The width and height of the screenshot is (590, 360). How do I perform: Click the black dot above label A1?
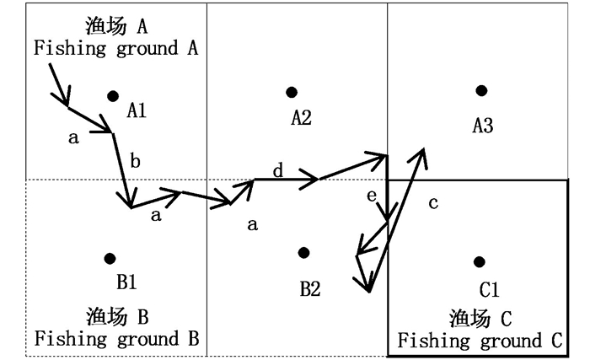point(113,96)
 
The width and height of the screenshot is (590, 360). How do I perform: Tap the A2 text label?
point(302,118)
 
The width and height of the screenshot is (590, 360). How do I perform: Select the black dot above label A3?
point(481,90)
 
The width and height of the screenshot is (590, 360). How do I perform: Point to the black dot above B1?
point(109,258)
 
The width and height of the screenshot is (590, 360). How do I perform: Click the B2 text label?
point(310,288)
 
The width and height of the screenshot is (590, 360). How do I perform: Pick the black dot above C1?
point(480,261)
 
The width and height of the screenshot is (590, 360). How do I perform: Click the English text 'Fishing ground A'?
point(116,47)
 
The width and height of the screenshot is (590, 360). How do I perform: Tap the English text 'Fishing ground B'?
point(116,339)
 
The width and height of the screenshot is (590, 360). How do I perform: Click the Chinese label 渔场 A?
point(116,25)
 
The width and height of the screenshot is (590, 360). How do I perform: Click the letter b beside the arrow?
point(137,161)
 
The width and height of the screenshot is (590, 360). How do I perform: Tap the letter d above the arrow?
point(277,171)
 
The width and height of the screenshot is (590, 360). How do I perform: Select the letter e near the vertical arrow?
point(371,196)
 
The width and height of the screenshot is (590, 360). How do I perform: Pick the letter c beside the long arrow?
point(433,203)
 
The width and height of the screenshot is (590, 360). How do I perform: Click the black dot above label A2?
point(292,92)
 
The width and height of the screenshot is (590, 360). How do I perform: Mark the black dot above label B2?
point(303,253)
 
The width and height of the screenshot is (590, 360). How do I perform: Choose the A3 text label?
point(483,126)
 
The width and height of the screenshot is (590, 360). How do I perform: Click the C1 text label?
point(490,290)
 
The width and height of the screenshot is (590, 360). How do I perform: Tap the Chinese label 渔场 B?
point(117,316)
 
